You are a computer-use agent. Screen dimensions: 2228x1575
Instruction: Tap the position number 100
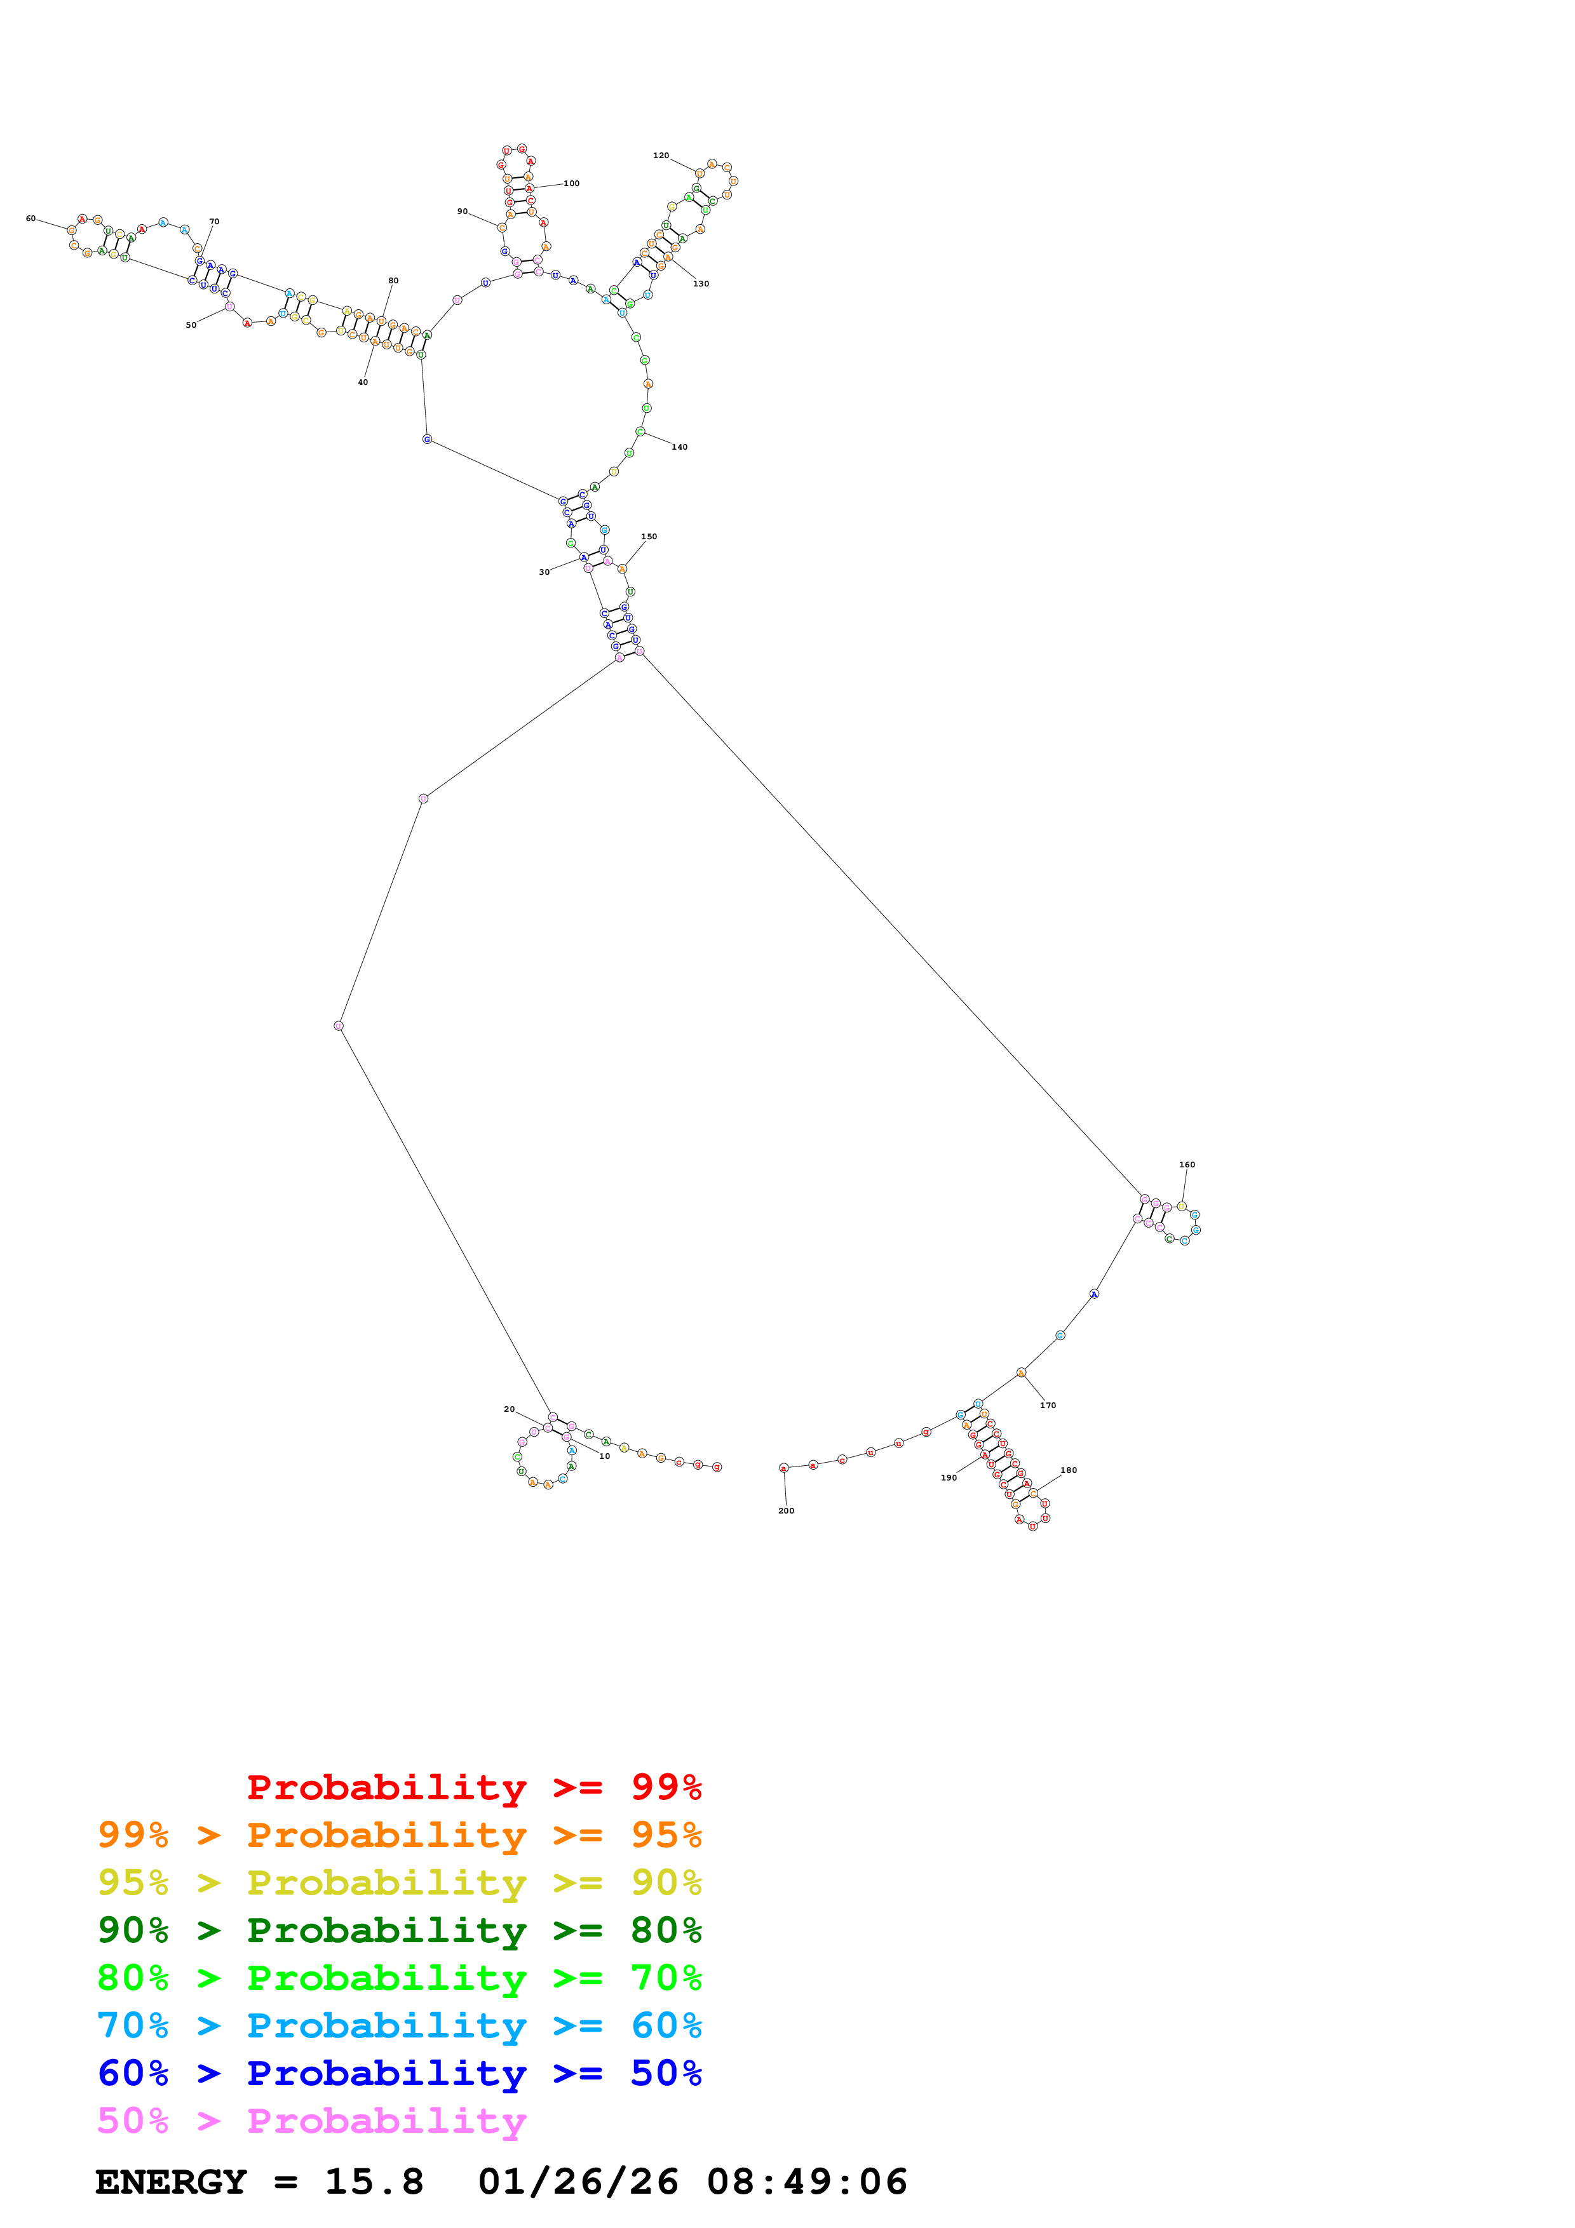coord(572,184)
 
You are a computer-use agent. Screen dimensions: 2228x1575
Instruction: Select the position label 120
coord(661,155)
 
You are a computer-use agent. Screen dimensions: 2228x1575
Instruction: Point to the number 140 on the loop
coord(679,447)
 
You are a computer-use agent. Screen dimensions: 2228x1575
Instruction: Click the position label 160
coord(1187,1164)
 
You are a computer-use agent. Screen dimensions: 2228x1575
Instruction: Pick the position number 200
coord(786,1511)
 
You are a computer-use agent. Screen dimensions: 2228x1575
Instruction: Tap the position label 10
coord(605,1456)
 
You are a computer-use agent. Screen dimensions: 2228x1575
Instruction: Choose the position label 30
coord(544,572)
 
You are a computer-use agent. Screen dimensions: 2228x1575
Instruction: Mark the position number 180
coord(1069,1470)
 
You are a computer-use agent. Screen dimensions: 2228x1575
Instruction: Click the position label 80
coord(393,281)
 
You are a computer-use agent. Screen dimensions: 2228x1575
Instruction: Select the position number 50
coord(191,325)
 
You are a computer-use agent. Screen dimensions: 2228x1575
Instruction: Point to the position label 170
coord(1048,1405)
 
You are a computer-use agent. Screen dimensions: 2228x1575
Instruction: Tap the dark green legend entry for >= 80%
coord(399,1930)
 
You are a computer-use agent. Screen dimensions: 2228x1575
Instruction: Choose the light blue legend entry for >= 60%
coord(399,2025)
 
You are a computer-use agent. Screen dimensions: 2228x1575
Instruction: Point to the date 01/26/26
coord(578,2182)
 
